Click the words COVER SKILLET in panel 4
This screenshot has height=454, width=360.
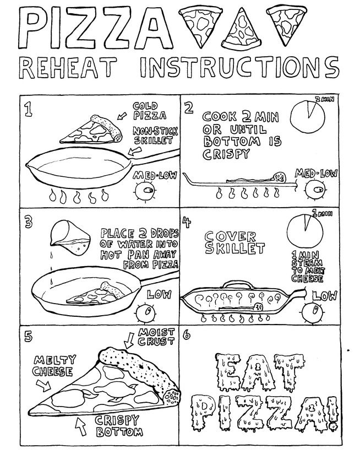pyautogui.click(x=231, y=243)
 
